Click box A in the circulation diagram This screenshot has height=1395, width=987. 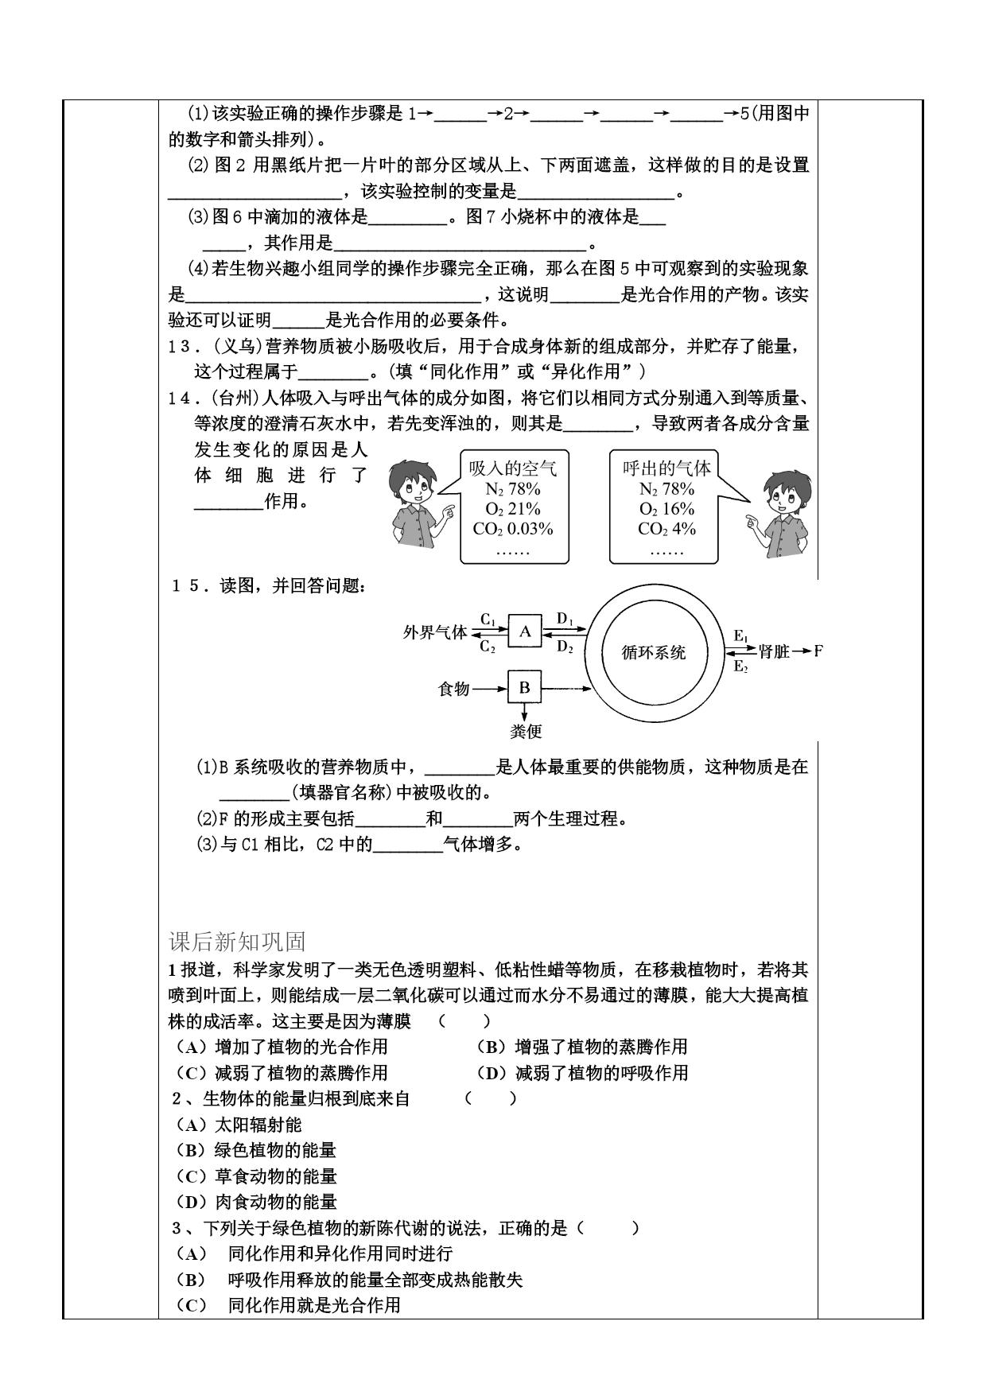525,631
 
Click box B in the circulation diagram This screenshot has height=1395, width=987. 525,688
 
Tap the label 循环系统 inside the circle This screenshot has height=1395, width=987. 653,653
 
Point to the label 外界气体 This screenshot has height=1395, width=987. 435,633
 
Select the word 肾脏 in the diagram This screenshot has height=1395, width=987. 774,652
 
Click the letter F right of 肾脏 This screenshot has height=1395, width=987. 818,651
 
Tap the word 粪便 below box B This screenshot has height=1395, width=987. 525,731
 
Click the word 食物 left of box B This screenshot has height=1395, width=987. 454,689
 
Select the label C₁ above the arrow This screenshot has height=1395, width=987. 488,619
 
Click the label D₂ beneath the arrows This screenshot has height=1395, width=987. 565,647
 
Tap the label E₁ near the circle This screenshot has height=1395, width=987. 740,636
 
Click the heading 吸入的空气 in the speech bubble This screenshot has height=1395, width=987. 513,468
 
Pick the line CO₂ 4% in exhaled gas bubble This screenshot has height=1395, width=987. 666,529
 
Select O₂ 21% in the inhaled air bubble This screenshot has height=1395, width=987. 513,509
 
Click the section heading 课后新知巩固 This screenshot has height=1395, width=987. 237,942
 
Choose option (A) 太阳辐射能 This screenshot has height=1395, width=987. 239,1125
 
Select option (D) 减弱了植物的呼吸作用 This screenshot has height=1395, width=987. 582,1073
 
